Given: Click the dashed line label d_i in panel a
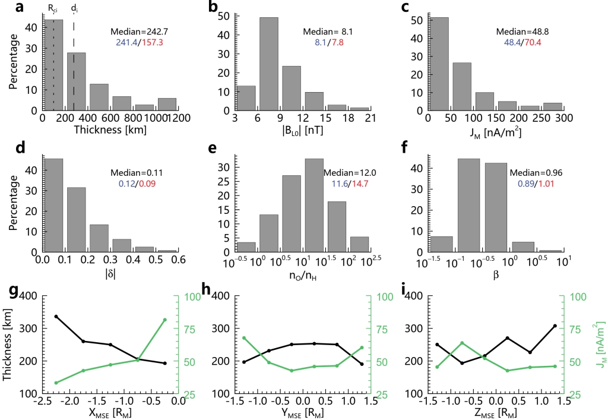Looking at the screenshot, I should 74,9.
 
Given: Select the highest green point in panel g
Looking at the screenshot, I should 164,320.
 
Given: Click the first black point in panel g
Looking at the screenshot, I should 56,317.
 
